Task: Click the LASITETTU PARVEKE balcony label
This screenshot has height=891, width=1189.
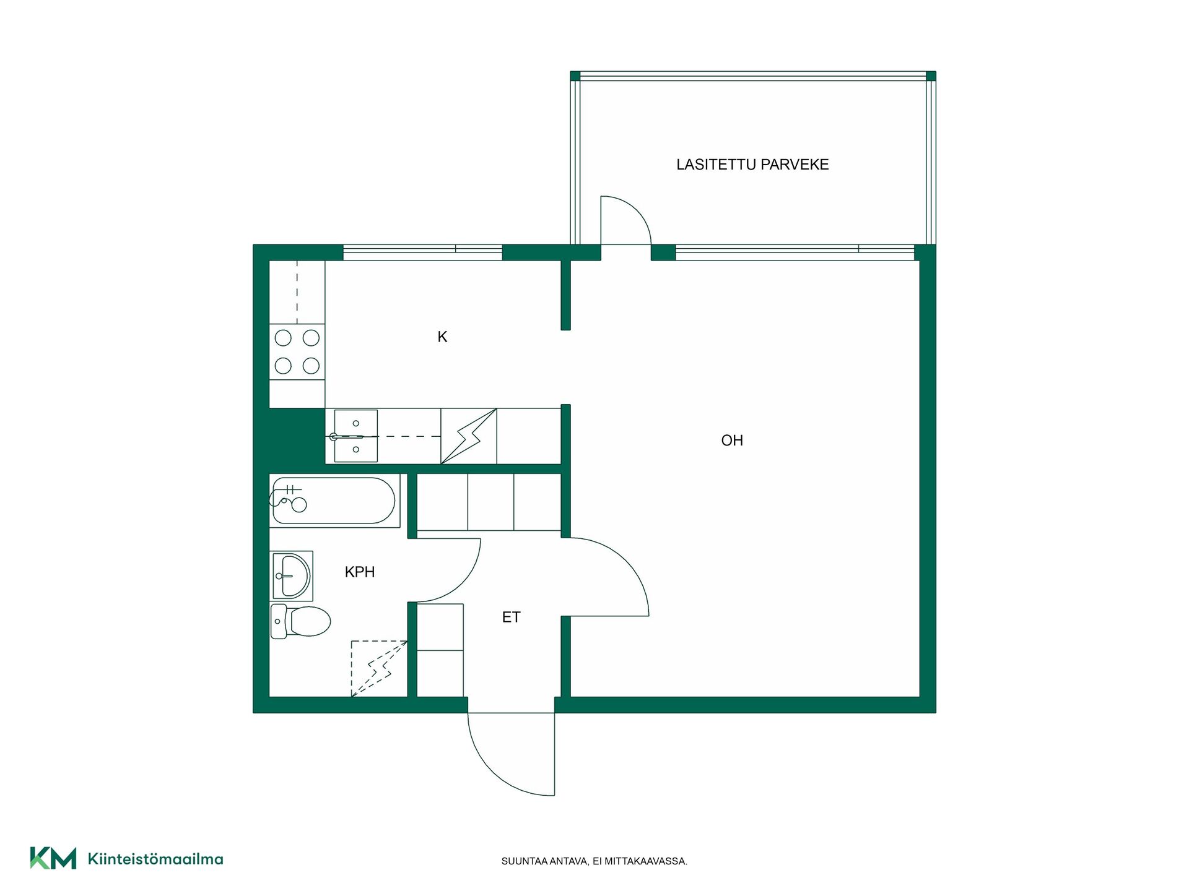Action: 752,165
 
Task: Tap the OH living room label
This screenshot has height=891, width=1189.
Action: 732,441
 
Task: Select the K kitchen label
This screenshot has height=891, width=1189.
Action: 442,337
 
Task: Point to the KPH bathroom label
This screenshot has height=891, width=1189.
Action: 360,572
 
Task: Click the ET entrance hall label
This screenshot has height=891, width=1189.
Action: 511,617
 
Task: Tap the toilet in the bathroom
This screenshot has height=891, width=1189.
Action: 301,621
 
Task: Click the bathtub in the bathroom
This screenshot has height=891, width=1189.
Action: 334,501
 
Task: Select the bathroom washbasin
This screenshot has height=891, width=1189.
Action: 292,576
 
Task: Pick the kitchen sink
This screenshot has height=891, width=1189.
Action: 355,436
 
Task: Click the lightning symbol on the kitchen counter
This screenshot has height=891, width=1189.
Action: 469,436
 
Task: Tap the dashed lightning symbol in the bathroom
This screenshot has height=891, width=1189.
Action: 379,668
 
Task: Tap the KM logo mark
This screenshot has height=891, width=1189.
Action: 53,858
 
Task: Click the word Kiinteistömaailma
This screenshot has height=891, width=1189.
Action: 155,859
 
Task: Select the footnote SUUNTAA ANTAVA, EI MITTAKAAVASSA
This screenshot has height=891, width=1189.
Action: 594,861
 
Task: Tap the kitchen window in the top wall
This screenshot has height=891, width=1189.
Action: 422,252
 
